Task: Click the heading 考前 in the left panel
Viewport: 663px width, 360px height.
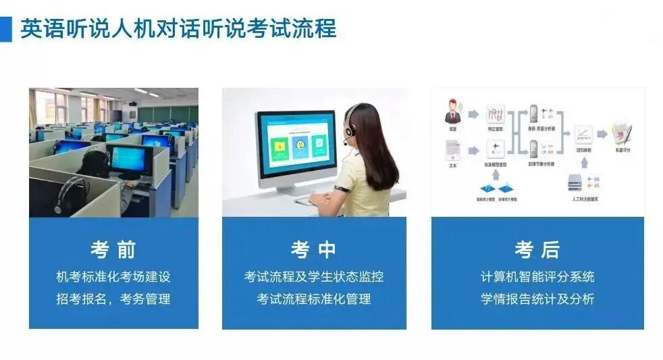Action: click(x=113, y=250)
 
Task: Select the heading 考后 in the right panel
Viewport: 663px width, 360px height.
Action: click(x=537, y=250)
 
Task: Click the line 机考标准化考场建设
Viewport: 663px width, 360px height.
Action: click(x=113, y=277)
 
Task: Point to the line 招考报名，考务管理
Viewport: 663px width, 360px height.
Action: click(x=113, y=299)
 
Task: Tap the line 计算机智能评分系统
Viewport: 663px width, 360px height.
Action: click(x=537, y=277)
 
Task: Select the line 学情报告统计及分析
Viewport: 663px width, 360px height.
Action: click(x=537, y=299)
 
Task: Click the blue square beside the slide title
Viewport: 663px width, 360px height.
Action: click(x=5, y=29)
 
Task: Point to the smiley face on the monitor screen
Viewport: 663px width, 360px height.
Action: click(x=300, y=145)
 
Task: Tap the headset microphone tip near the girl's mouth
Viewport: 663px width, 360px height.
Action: click(x=345, y=143)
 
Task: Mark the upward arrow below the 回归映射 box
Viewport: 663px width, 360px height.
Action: click(x=583, y=162)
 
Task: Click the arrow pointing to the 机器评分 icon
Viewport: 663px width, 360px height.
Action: click(x=602, y=134)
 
